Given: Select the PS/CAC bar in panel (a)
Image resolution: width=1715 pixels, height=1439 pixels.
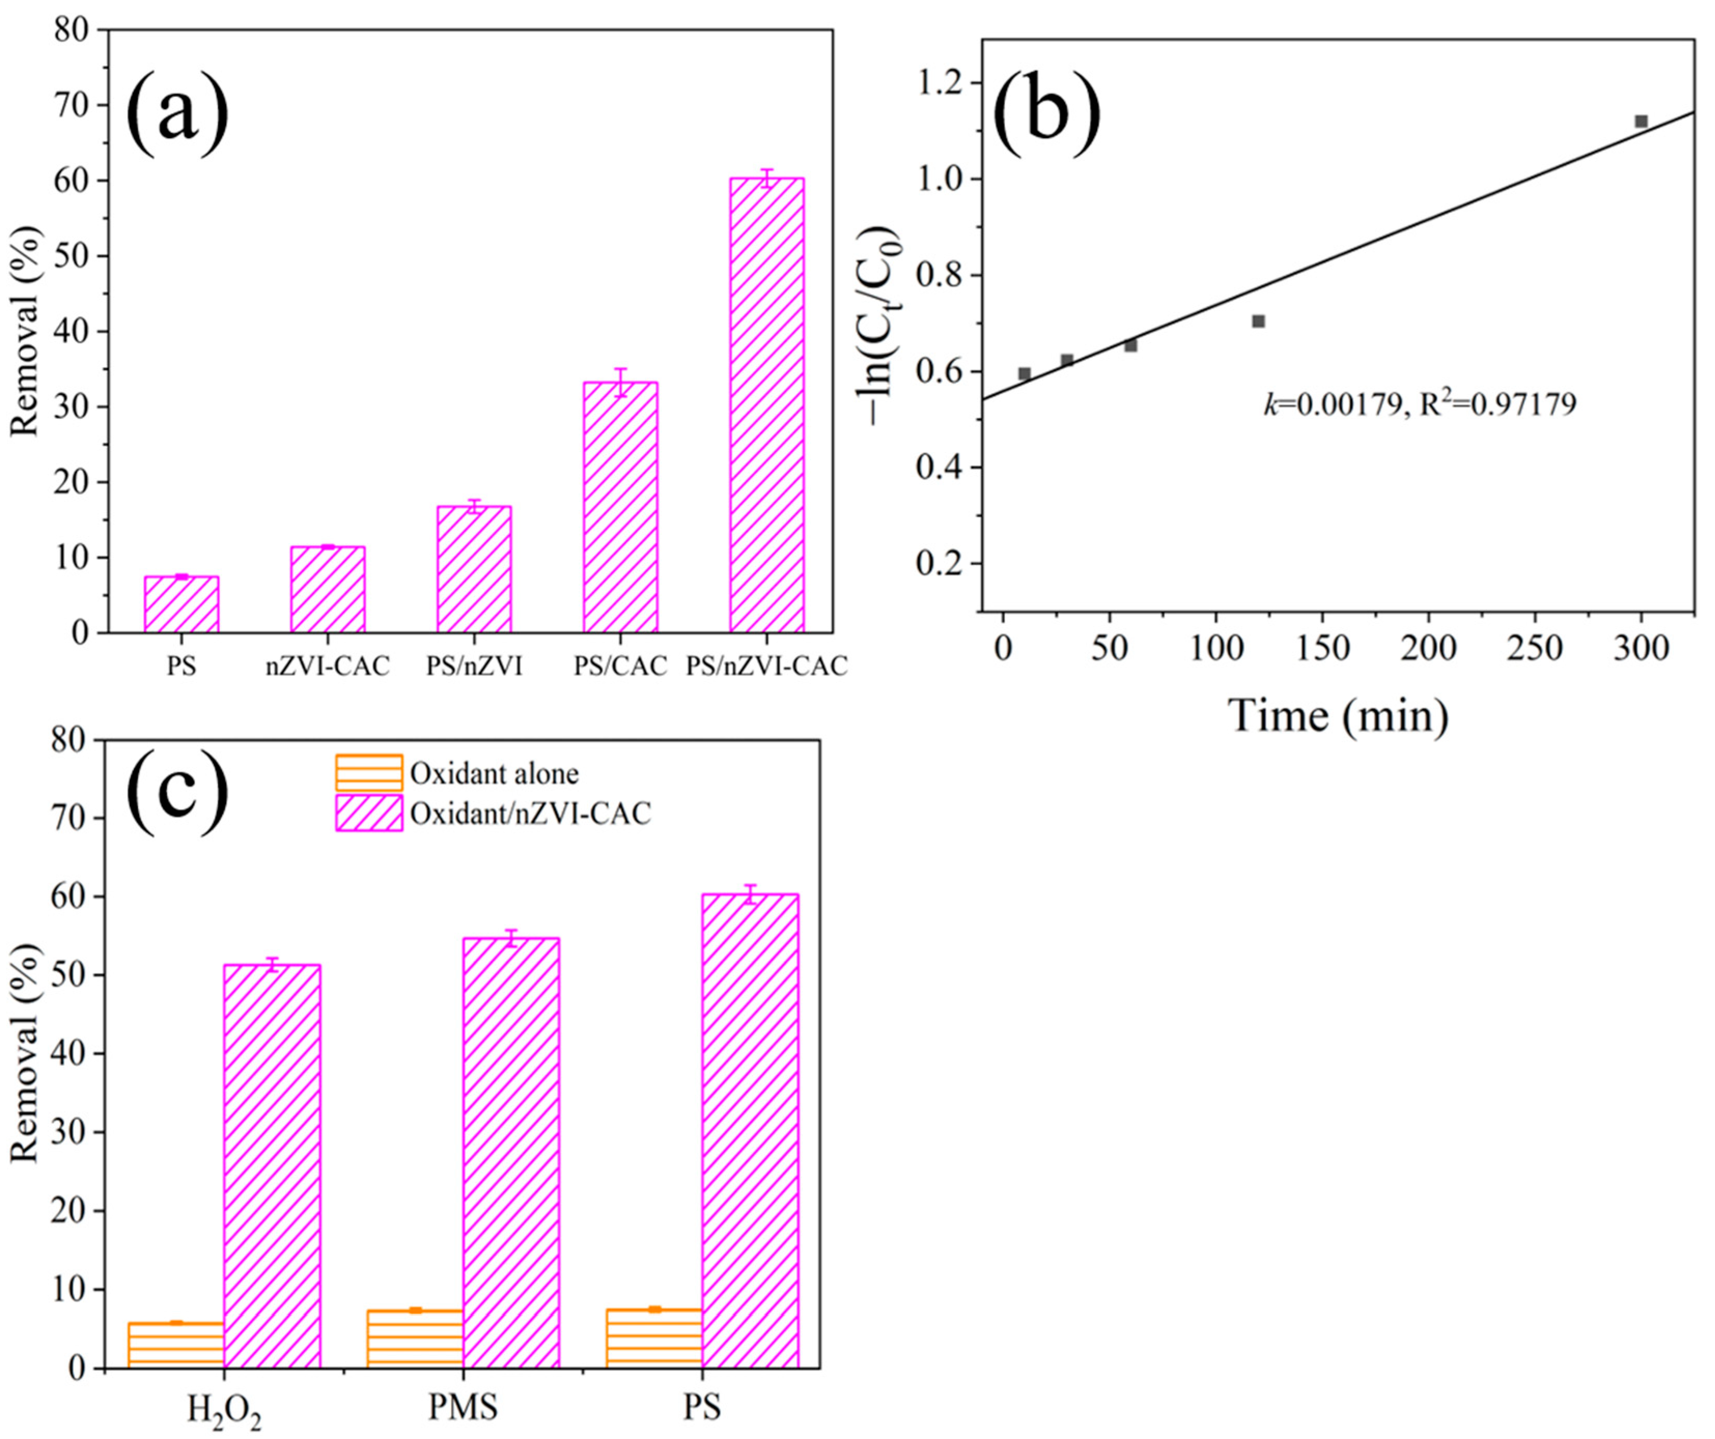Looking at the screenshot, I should [620, 507].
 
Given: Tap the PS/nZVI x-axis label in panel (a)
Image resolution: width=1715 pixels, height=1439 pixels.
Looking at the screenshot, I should [474, 667].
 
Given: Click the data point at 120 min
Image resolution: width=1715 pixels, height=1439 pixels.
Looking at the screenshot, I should [1258, 321].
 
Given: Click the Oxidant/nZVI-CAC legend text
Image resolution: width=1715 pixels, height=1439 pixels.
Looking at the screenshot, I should [531, 813].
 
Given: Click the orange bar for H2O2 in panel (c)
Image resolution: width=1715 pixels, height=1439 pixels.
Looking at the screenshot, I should [176, 1344].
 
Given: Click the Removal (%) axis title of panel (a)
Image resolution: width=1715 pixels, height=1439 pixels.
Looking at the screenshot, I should [24, 331].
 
